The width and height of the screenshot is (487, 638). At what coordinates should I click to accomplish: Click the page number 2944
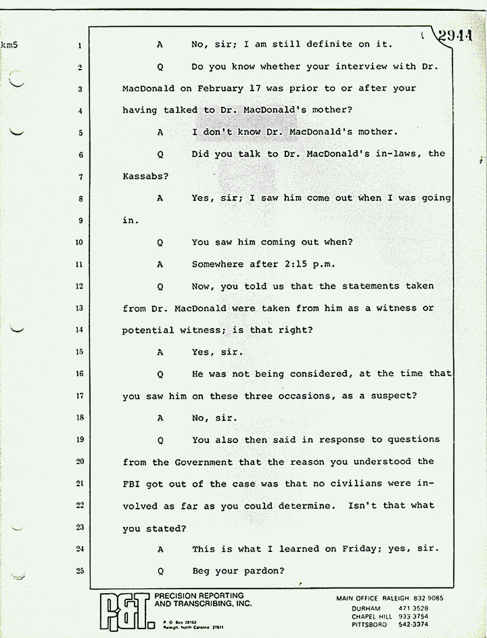(x=455, y=36)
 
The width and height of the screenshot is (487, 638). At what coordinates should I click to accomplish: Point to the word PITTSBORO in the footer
(x=369, y=624)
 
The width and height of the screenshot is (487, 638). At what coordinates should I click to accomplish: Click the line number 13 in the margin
(x=80, y=308)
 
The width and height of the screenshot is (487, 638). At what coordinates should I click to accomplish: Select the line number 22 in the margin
(x=80, y=505)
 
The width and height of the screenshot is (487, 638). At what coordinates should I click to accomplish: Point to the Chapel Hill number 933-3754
(x=413, y=616)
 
